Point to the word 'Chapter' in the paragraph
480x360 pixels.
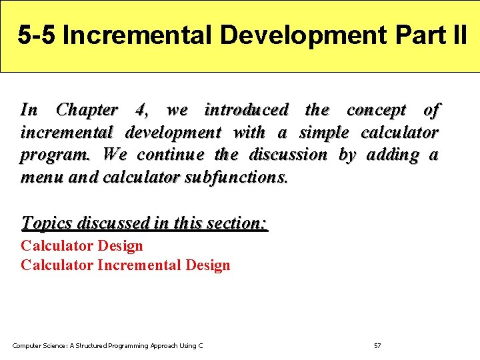(87, 110)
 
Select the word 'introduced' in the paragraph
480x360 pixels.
(247, 110)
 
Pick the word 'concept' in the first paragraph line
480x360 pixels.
(376, 111)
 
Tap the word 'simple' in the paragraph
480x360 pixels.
(324, 133)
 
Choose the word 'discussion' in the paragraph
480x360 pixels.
(288, 155)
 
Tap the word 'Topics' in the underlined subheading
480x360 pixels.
(47, 223)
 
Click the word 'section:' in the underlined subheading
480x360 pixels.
(237, 223)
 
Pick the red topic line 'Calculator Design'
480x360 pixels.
(82, 246)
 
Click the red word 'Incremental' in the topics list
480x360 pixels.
(139, 265)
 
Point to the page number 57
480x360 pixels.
(377, 345)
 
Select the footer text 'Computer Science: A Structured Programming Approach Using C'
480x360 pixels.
(108, 345)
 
